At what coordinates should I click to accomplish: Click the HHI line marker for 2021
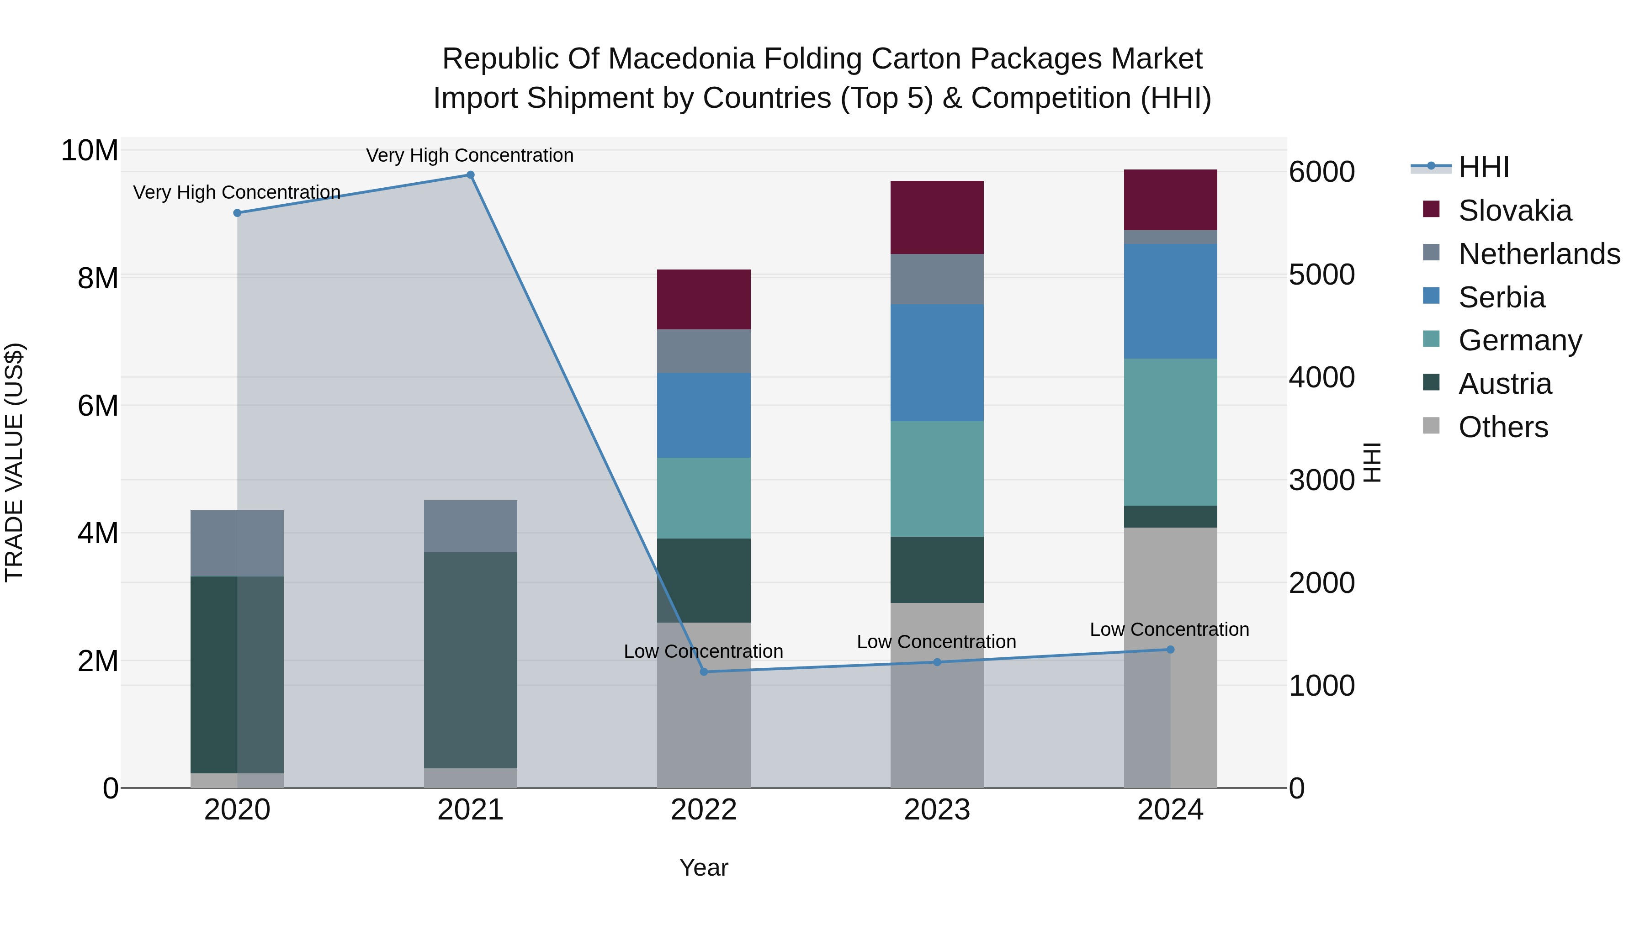coord(470,175)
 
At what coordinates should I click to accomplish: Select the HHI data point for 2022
coord(704,671)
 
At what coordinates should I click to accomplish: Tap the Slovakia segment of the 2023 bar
coord(937,218)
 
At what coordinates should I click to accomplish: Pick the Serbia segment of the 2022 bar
coord(704,415)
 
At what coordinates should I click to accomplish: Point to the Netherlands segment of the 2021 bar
coord(470,526)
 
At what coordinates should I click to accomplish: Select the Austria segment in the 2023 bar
coord(937,570)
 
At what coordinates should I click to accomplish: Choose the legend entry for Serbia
coord(1501,297)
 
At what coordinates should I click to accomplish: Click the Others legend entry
coord(1502,427)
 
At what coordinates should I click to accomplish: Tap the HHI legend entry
coord(1483,167)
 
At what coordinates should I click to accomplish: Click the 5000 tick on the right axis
coord(1321,275)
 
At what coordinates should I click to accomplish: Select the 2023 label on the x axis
coord(937,810)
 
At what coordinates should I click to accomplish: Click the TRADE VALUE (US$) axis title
coord(14,462)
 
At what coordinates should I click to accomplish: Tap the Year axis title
coord(704,867)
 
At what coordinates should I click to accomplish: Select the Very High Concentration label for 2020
coord(236,192)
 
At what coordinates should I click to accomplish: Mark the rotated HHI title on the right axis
coord(1372,462)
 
